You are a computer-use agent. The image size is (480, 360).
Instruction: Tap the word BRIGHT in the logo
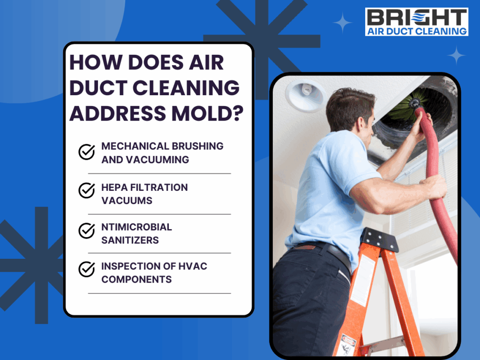tap(417, 17)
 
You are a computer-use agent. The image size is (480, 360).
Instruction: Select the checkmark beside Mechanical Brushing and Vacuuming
tap(87, 152)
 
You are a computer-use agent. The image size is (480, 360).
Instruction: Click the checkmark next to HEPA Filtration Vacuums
tap(87, 190)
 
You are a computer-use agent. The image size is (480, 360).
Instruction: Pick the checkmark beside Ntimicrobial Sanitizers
tap(87, 230)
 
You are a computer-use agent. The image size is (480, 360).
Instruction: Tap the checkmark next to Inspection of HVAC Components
tap(87, 269)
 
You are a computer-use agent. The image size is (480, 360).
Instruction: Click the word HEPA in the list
tap(114, 187)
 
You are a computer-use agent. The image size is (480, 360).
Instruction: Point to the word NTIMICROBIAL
tap(136, 227)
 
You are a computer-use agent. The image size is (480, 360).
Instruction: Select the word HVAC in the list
tap(193, 266)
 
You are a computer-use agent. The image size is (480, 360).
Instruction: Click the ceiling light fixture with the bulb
tap(305, 95)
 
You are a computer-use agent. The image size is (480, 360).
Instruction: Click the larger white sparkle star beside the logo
tap(342, 22)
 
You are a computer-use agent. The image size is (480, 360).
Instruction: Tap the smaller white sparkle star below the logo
tap(456, 55)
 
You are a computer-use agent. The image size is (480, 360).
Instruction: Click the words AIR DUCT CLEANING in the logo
tap(417, 31)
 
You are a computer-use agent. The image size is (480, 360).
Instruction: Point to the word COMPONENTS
tap(136, 279)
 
